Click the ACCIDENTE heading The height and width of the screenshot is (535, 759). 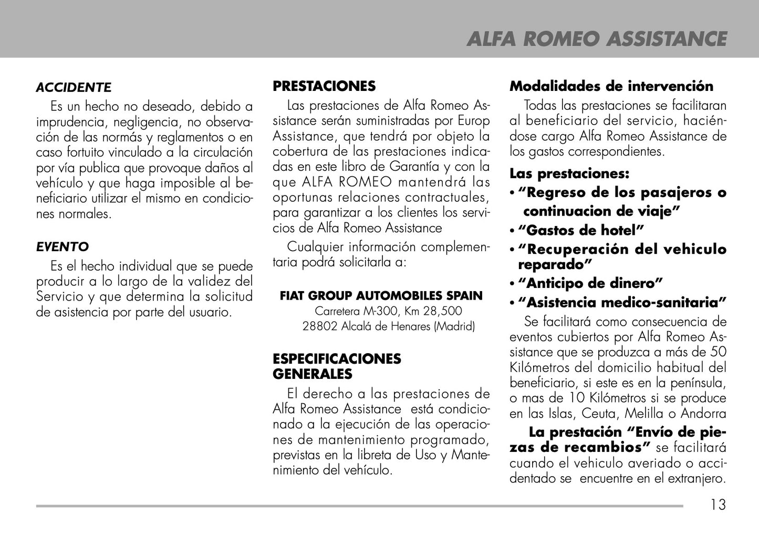coord(74,88)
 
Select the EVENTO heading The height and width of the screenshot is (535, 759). coord(63,246)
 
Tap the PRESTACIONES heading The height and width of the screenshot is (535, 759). coord(324,86)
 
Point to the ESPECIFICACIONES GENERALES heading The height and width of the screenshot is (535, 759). coord(337,366)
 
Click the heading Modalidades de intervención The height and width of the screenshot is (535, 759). coord(611,86)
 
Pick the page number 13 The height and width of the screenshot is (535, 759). coord(718,505)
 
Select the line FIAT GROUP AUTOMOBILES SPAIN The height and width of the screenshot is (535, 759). coord(381,296)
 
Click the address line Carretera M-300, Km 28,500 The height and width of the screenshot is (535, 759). coord(388,311)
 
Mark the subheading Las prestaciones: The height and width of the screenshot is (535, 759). coord(569,173)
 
